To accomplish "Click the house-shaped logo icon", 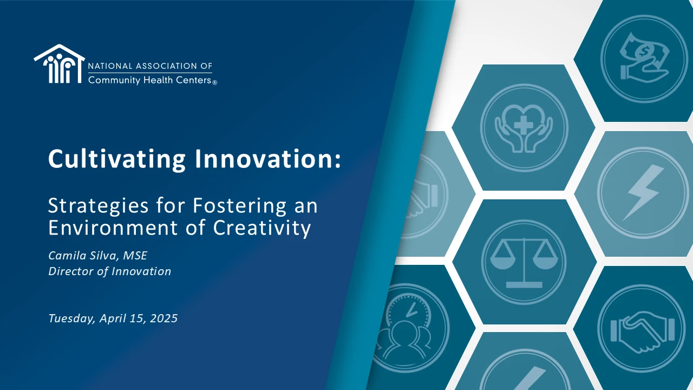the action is click(59, 64).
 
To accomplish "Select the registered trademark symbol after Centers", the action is click(215, 83).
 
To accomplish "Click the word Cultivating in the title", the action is click(117, 159).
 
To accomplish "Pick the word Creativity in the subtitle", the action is click(261, 229).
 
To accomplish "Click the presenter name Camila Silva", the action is click(82, 256).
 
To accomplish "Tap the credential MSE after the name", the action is click(135, 256).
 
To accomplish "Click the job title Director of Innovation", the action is click(109, 271).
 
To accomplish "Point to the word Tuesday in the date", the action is click(71, 318).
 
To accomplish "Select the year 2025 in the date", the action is click(164, 318).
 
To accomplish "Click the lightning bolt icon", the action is click(643, 192).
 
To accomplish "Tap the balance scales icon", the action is click(524, 263).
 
